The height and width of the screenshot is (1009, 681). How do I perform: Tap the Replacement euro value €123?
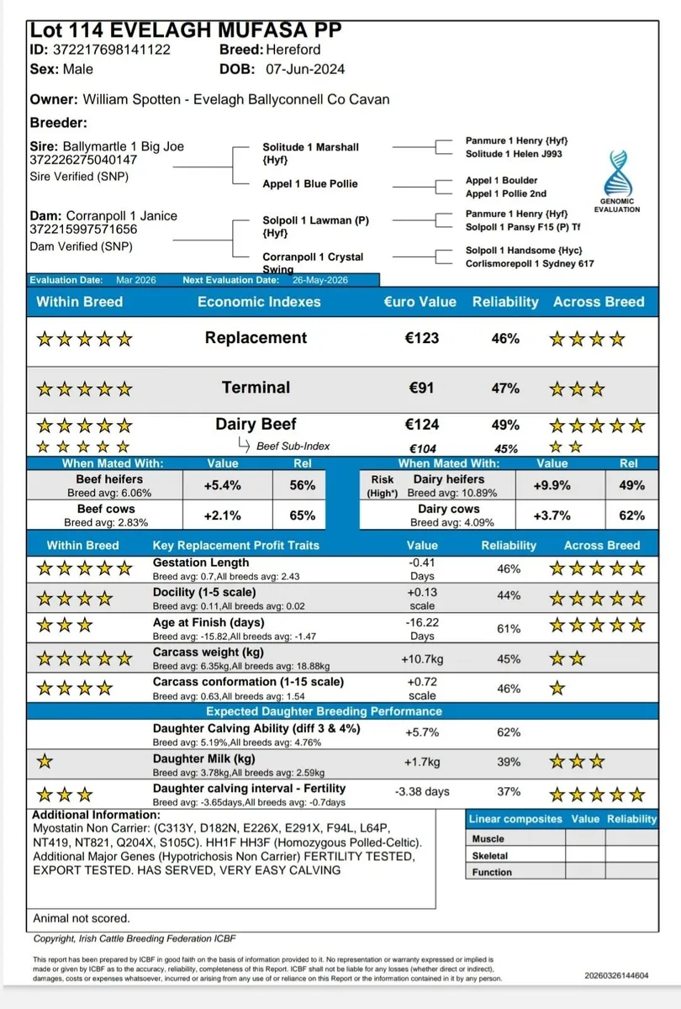[x=420, y=338]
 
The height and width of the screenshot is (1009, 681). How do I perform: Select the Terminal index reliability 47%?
[x=505, y=388]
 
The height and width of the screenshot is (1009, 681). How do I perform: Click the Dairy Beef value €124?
[x=420, y=425]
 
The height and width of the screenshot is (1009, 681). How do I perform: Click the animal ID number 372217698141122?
[x=113, y=50]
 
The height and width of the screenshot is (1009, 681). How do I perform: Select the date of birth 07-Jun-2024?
[x=305, y=69]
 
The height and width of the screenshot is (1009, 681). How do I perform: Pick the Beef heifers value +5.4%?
[x=223, y=485]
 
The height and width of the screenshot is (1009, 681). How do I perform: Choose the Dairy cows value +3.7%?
[x=552, y=515]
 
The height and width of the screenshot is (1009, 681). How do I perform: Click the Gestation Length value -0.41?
[x=421, y=563]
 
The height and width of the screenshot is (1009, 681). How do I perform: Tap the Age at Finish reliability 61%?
[x=509, y=629]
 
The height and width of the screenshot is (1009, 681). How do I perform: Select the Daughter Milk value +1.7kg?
[x=421, y=762]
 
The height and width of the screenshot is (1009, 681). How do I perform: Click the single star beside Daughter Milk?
[x=45, y=762]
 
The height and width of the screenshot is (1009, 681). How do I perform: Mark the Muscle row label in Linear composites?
[x=488, y=838]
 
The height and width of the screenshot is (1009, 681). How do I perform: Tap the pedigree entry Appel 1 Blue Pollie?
[x=310, y=183]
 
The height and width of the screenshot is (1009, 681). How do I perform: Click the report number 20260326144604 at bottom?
[x=617, y=976]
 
